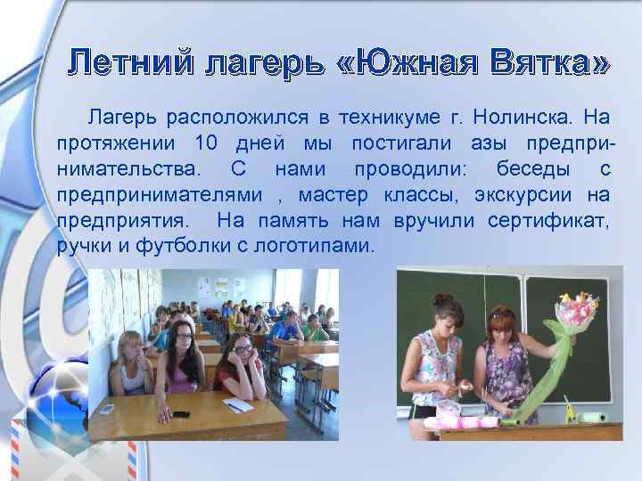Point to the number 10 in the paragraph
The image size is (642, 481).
[204, 143]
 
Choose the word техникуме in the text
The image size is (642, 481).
[392, 117]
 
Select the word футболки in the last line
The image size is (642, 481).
[186, 246]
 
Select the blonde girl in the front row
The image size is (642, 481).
[131, 365]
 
